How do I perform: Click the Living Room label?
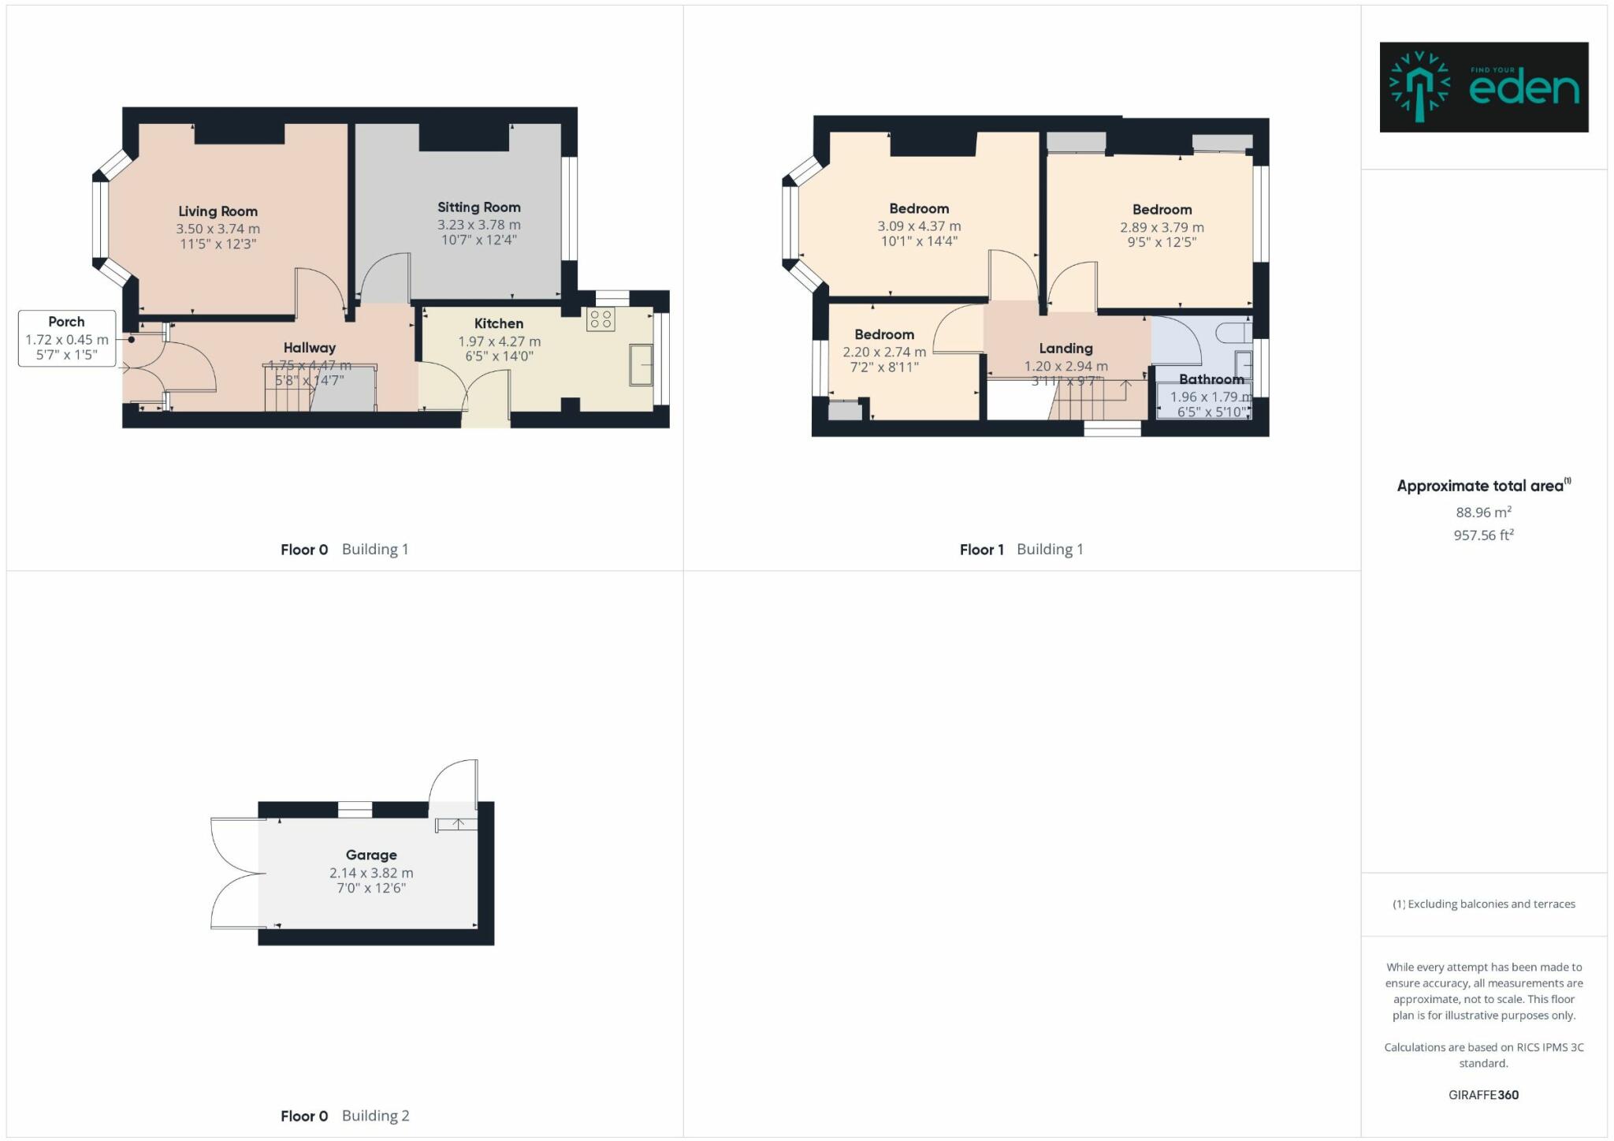click(218, 211)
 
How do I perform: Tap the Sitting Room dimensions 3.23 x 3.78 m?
click(478, 225)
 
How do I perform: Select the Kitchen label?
click(498, 323)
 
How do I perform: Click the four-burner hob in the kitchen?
click(601, 319)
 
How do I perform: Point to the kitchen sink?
click(641, 364)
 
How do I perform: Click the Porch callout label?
click(66, 322)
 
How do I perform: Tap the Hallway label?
click(310, 348)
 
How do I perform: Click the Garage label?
click(371, 855)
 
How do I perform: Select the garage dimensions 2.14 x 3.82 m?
click(371, 873)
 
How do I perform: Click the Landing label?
click(1065, 349)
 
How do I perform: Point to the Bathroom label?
click(1210, 379)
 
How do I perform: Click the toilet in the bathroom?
click(1233, 332)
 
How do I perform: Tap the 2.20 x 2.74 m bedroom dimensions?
click(884, 352)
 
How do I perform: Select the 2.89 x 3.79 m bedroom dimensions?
click(1162, 227)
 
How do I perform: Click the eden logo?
click(1483, 88)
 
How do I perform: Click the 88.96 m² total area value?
click(1483, 513)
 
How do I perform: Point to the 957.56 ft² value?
click(1483, 535)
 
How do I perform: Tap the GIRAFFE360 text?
click(1483, 1094)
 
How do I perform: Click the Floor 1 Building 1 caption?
click(1021, 550)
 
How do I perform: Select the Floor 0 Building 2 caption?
click(344, 1116)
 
